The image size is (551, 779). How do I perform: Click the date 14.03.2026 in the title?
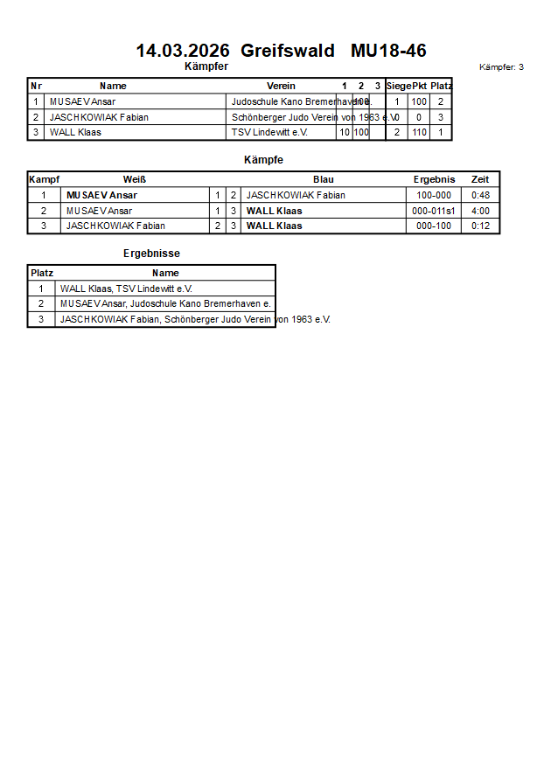(182, 51)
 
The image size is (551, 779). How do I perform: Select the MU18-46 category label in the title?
(388, 51)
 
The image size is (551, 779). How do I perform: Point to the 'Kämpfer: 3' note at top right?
(501, 67)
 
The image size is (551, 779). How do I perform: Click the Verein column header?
(281, 86)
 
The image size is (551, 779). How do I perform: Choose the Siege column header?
(398, 86)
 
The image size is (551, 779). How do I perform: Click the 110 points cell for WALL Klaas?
(419, 132)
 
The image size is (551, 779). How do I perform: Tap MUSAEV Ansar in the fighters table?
(82, 101)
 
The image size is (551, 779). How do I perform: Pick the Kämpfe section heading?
(263, 160)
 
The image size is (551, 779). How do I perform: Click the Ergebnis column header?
(434, 179)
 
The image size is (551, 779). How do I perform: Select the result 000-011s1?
(433, 211)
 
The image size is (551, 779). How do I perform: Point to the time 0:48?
(480, 195)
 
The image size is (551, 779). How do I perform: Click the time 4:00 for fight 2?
(480, 211)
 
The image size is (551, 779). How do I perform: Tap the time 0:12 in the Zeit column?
(480, 226)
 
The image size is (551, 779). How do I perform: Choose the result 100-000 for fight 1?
(434, 195)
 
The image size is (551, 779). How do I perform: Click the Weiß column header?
(134, 179)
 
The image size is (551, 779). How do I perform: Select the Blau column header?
(323, 179)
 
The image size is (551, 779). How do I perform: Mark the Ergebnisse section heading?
(151, 254)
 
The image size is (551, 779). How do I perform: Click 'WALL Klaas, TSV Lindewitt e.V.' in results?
(126, 288)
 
